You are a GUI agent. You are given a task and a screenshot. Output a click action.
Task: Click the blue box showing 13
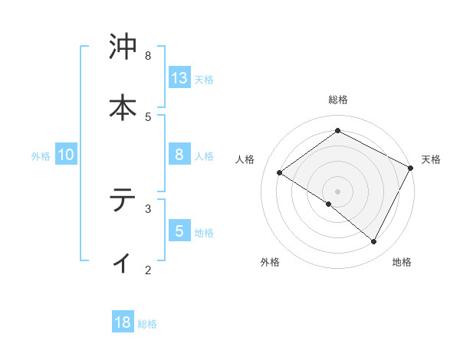[179, 78]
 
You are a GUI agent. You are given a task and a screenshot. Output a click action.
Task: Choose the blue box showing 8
[179, 155]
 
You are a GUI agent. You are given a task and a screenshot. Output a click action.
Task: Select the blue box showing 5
[179, 231]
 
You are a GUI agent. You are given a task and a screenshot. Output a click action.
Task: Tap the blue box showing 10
[66, 155]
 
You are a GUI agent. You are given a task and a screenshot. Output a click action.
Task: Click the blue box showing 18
[123, 322]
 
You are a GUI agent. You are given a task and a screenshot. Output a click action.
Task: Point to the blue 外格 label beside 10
[41, 156]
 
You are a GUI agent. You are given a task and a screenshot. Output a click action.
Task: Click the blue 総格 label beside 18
[147, 324]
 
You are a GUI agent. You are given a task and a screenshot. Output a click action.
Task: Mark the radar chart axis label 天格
[431, 159]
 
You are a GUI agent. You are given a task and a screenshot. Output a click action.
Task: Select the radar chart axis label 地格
[402, 262]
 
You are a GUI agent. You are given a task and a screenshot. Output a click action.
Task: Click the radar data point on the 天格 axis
[410, 168]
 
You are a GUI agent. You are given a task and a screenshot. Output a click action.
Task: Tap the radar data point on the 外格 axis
[329, 204]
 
